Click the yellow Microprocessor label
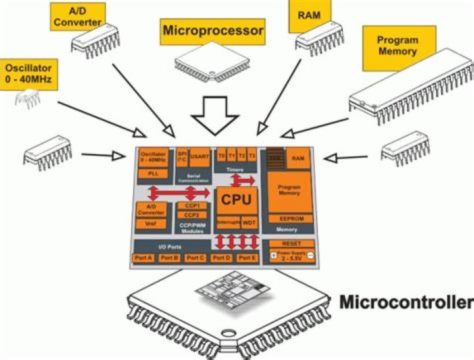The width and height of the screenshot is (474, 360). click(212, 30)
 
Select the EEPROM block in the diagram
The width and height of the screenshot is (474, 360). click(290, 219)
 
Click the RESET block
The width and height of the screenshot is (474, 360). click(290, 243)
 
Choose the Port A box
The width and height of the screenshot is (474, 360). click(144, 258)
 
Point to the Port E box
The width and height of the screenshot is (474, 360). click(246, 258)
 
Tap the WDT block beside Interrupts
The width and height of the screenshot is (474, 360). click(250, 222)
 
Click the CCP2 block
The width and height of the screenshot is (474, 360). click(191, 215)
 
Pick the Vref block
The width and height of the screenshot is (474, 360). click(151, 224)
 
